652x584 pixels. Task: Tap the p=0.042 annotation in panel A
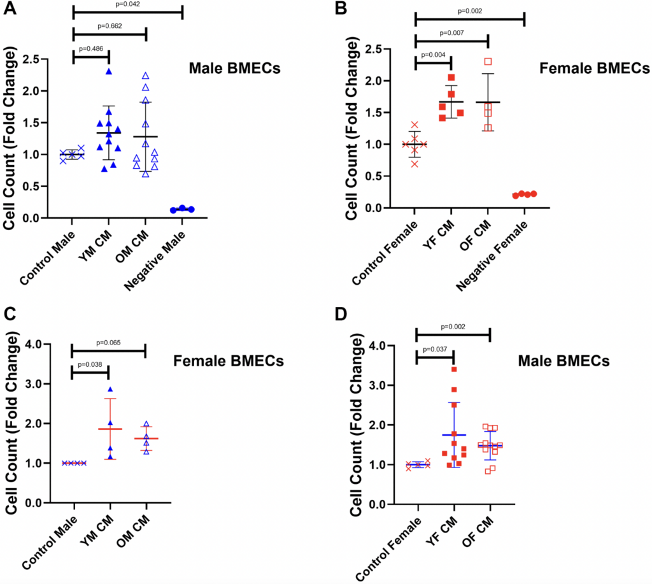pyautogui.click(x=127, y=4)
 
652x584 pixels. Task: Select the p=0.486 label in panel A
pyautogui.click(x=91, y=48)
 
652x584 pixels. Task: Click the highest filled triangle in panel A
pyautogui.click(x=109, y=71)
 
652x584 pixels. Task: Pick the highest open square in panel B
pyautogui.click(x=488, y=62)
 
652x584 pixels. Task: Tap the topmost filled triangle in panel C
pyautogui.click(x=110, y=389)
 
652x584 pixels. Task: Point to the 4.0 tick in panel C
pyautogui.click(x=48, y=345)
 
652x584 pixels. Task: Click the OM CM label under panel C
pyautogui.click(x=136, y=525)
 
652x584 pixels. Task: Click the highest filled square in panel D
pyautogui.click(x=453, y=369)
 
